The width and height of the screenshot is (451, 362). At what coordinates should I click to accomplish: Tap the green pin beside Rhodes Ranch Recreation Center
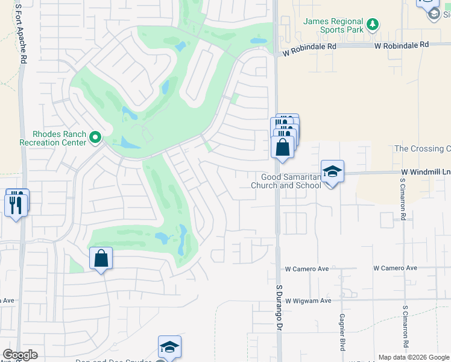click(95, 138)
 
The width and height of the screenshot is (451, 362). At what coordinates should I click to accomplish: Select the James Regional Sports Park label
click(333, 25)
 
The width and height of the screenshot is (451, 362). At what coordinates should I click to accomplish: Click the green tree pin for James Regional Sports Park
click(373, 24)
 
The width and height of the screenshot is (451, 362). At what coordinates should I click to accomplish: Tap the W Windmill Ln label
click(425, 173)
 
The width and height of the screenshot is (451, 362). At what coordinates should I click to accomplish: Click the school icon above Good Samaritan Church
click(332, 171)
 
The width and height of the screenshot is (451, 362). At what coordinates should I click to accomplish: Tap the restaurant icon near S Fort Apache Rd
click(16, 204)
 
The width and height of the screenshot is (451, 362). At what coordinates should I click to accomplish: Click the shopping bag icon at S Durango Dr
click(282, 147)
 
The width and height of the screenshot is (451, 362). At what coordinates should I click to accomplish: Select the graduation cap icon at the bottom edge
click(170, 347)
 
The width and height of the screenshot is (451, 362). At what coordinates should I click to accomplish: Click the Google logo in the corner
click(20, 355)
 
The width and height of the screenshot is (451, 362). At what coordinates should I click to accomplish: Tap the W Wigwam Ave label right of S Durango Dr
click(309, 300)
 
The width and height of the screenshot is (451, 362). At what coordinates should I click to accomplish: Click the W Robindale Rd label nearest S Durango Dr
click(309, 46)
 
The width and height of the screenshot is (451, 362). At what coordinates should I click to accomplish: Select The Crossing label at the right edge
click(422, 148)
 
